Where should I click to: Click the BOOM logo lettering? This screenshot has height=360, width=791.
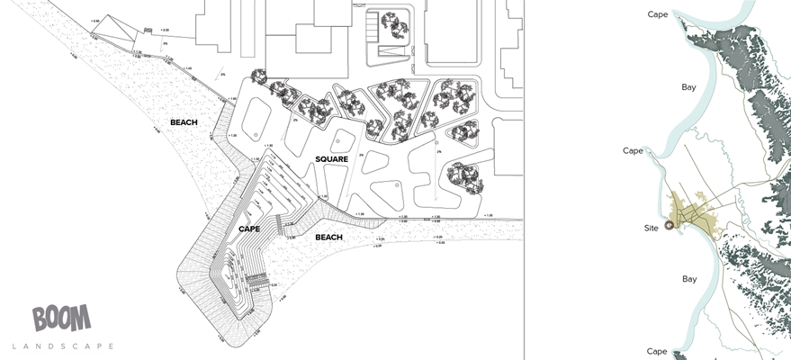[61, 318]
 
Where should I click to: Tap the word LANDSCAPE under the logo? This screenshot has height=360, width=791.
[63, 346]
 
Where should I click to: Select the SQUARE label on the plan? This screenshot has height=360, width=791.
[331, 159]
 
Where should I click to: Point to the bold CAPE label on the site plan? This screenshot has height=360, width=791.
[249, 229]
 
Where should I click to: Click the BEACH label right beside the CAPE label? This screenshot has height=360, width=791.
[328, 238]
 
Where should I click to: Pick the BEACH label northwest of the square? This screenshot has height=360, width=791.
[184, 122]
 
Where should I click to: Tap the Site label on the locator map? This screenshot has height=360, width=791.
[652, 229]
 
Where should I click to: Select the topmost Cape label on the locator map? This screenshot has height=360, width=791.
[660, 13]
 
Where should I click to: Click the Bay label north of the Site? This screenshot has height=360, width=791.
[689, 86]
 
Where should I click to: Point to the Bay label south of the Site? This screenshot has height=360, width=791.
[689, 279]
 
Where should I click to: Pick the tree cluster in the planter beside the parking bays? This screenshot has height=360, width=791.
[394, 24]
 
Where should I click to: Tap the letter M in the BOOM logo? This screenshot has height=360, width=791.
[82, 318]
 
